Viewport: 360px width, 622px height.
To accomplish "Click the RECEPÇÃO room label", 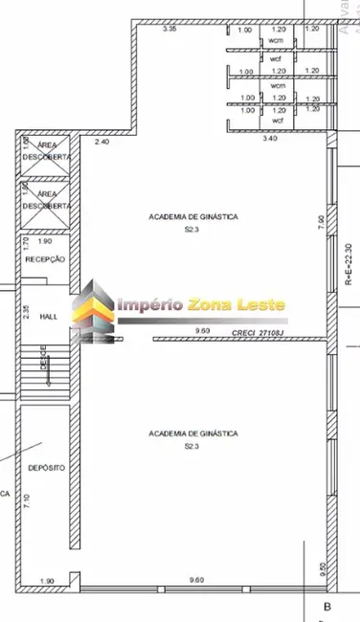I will click(x=44, y=259).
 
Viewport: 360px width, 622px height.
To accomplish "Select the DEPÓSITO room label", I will click(x=46, y=468).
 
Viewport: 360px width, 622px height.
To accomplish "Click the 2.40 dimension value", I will click(x=102, y=141).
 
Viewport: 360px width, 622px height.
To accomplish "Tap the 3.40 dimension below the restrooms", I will click(x=270, y=140).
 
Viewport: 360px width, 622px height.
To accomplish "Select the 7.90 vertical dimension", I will click(x=321, y=221).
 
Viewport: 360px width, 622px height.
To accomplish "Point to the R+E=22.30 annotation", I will click(x=349, y=265).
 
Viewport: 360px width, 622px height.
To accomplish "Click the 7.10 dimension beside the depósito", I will click(x=26, y=501).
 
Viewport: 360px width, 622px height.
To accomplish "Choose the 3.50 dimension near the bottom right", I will click(x=323, y=568).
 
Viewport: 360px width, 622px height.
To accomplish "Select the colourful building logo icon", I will click(x=95, y=308).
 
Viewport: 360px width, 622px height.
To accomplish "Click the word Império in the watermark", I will click(x=149, y=305).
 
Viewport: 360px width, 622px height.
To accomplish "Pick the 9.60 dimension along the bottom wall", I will click(x=197, y=580).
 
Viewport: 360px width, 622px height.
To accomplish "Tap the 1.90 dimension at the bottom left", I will click(x=46, y=580).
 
